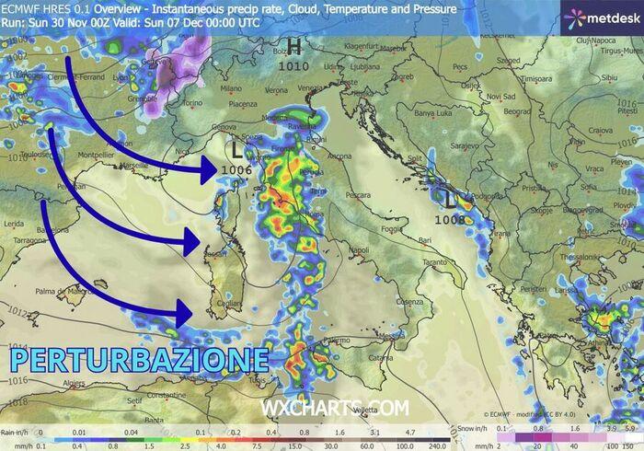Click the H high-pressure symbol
click(294, 48)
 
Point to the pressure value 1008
click(450, 219)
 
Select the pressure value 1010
click(293, 66)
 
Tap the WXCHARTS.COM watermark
click(334, 407)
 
